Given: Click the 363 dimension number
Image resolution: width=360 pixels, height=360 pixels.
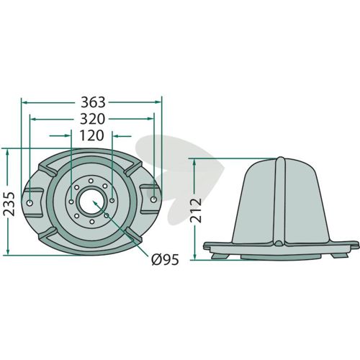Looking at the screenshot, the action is [93, 102].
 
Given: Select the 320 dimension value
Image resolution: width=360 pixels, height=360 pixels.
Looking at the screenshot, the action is [92, 119].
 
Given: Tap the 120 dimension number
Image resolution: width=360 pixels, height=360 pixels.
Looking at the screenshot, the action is [91, 135].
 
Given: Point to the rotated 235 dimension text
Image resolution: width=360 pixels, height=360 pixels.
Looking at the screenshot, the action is [9, 204].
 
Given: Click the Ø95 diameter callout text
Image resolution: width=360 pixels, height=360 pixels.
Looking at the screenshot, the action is [166, 259].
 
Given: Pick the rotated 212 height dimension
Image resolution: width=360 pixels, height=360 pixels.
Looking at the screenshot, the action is [196, 210].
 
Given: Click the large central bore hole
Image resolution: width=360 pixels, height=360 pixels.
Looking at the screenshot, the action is [91, 201].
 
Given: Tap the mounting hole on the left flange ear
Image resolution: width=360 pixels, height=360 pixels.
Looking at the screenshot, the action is [30, 203].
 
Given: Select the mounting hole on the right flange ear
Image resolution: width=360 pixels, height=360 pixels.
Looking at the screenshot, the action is [154, 199].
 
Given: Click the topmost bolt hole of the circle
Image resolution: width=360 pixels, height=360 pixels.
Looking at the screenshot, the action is [91, 181].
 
